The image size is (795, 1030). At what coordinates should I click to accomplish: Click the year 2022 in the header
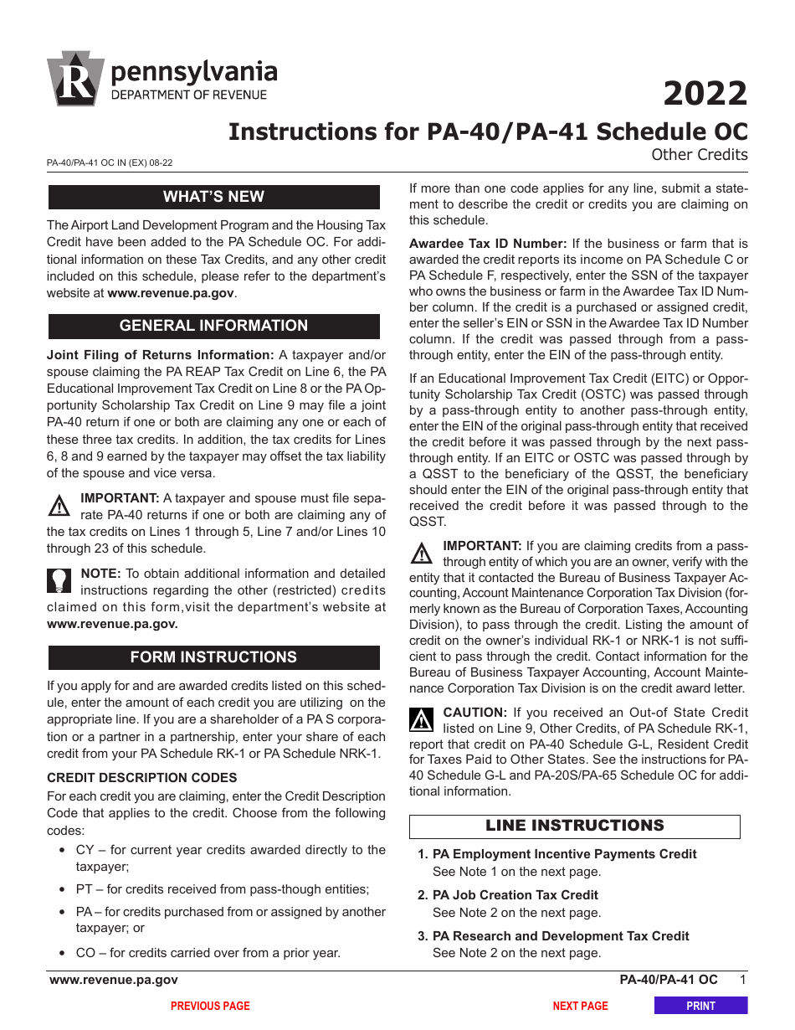coord(705,93)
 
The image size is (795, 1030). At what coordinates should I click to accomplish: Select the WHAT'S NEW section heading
coord(213,197)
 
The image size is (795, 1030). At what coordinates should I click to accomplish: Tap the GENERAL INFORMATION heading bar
coord(213,326)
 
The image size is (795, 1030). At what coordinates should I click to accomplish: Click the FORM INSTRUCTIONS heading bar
coord(213,657)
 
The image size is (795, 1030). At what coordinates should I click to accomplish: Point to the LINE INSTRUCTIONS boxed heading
coord(574,826)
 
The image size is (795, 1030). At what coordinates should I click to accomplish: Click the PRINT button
coord(700,1006)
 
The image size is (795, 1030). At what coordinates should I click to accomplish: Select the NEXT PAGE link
coord(580,1006)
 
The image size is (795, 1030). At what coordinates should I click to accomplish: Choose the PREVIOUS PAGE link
coord(210,1006)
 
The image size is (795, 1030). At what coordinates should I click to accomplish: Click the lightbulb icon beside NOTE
coord(59,580)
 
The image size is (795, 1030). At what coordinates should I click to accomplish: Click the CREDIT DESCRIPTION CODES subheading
coord(141,778)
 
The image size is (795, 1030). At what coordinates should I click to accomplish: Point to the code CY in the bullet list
coord(85,850)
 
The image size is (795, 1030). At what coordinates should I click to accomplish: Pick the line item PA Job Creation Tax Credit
coord(515,895)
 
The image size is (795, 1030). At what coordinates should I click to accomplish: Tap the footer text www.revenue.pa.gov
coord(114,980)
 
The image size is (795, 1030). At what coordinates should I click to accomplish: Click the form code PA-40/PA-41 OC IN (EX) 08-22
coord(110,163)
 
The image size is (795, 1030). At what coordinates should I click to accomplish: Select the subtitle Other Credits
coord(699,154)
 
